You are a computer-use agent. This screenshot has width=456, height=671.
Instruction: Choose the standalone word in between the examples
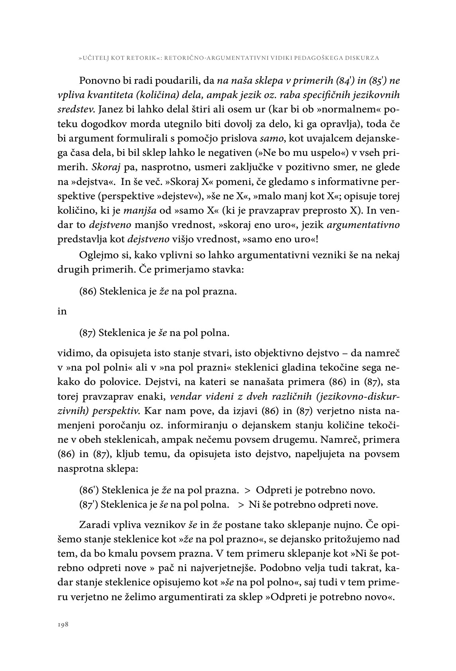pos(62,312)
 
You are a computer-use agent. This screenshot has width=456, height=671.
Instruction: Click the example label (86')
pos(89,490)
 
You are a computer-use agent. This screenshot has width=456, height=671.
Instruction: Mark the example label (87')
pos(89,504)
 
